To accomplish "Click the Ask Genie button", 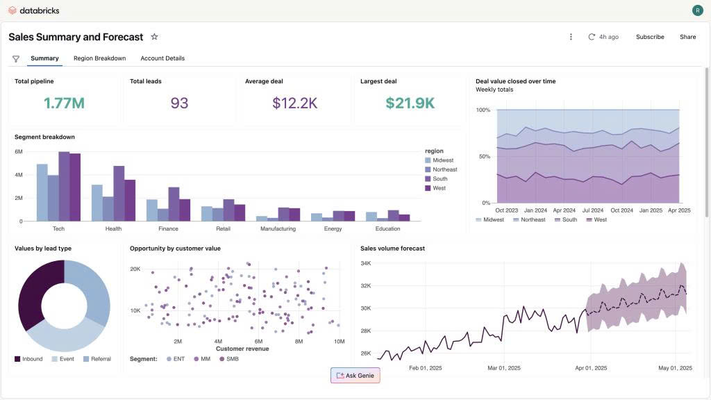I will click(x=355, y=375).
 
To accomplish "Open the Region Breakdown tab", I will click(x=99, y=58).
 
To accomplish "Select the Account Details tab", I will click(x=162, y=58).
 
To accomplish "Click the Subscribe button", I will click(x=650, y=37).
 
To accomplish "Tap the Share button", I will click(x=687, y=37).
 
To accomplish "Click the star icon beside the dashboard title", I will click(x=154, y=37).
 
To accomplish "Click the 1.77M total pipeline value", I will click(x=64, y=103).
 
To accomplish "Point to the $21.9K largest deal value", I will click(x=410, y=103).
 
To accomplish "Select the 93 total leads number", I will click(x=179, y=103).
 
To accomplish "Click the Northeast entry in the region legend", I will click(x=444, y=169).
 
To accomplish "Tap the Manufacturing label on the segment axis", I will click(x=278, y=228).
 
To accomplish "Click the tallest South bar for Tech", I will click(x=64, y=186).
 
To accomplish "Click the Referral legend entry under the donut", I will click(x=97, y=359).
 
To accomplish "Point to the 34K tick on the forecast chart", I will click(x=366, y=263).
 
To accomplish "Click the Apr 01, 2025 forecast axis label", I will click(x=590, y=368).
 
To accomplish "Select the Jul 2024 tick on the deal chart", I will click(x=592, y=210).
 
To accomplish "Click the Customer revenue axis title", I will click(x=242, y=349).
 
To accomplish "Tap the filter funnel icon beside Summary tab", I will click(x=16, y=59).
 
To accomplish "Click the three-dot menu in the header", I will click(x=571, y=37).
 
